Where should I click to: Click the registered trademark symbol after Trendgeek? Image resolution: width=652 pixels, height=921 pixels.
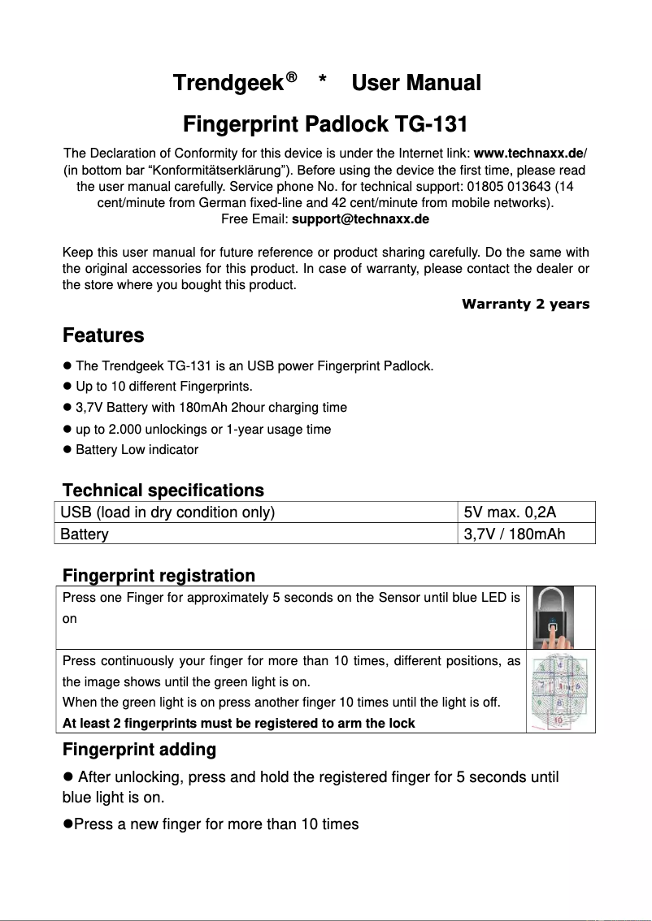click(x=291, y=77)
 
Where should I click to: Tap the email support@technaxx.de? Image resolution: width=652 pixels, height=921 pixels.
click(x=360, y=219)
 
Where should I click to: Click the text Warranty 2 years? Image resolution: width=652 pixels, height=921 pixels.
click(x=525, y=305)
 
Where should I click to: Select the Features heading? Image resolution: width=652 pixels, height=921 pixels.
click(x=103, y=335)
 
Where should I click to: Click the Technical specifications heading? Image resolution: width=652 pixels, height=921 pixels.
click(x=163, y=491)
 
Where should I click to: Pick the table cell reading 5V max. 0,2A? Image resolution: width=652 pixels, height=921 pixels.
click(x=510, y=512)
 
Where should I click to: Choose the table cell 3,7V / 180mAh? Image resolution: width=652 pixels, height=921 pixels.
click(x=514, y=534)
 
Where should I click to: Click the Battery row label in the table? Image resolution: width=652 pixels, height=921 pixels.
click(x=85, y=534)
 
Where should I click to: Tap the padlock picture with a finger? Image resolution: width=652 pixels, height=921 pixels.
click(x=553, y=616)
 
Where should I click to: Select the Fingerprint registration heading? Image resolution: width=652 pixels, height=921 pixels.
click(x=159, y=576)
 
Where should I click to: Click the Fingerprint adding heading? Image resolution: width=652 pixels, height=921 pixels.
click(x=139, y=749)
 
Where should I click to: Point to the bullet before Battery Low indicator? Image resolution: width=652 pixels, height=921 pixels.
click(x=67, y=449)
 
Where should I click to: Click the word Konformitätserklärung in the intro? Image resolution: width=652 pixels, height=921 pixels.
click(x=220, y=170)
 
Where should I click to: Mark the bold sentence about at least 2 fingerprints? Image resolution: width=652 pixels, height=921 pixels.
click(x=238, y=723)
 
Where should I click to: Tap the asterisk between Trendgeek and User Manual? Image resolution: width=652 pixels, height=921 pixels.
click(x=323, y=82)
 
